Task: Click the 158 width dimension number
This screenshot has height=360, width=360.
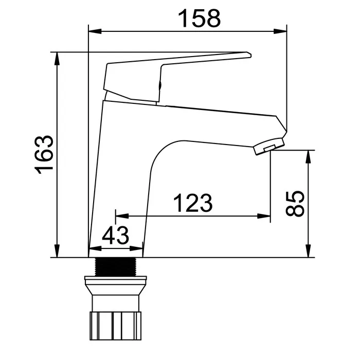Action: (200, 19)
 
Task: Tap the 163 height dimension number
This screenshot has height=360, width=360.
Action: (44, 155)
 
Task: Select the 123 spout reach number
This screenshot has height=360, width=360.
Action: (193, 203)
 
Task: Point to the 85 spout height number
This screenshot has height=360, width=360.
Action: (295, 204)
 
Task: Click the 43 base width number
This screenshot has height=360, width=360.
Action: (116, 236)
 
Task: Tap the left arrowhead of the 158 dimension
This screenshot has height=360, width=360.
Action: (95, 31)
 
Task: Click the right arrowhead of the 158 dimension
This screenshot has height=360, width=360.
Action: (280, 31)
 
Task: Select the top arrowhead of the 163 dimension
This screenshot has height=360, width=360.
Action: (57, 59)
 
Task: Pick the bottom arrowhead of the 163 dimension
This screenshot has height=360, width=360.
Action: (57, 251)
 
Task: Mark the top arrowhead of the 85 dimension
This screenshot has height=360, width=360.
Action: (309, 157)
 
